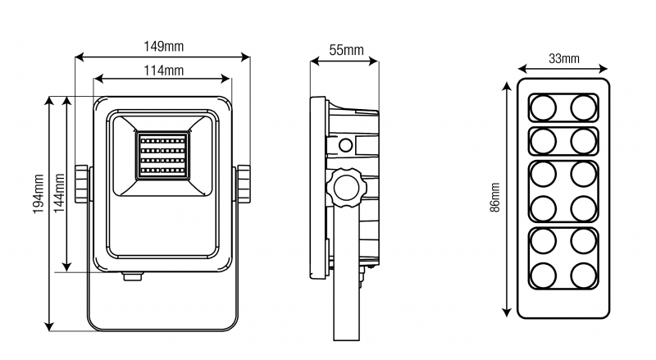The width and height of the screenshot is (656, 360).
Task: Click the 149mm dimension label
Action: tap(162, 45)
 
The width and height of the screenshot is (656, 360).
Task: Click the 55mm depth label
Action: tap(346, 50)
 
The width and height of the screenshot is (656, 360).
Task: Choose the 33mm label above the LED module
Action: tap(563, 58)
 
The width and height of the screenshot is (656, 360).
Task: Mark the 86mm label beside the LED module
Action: tap(494, 198)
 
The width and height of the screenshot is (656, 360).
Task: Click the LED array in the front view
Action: tap(162, 156)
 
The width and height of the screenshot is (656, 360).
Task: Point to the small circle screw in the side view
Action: tap(346, 146)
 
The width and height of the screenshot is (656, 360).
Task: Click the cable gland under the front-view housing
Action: tap(132, 276)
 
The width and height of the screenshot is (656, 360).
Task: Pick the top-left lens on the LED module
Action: tap(542, 107)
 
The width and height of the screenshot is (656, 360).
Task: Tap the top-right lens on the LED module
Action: tap(583, 107)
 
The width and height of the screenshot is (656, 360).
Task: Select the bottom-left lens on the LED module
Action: tap(542, 273)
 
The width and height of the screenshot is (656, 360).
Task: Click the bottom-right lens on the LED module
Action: tap(583, 273)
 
